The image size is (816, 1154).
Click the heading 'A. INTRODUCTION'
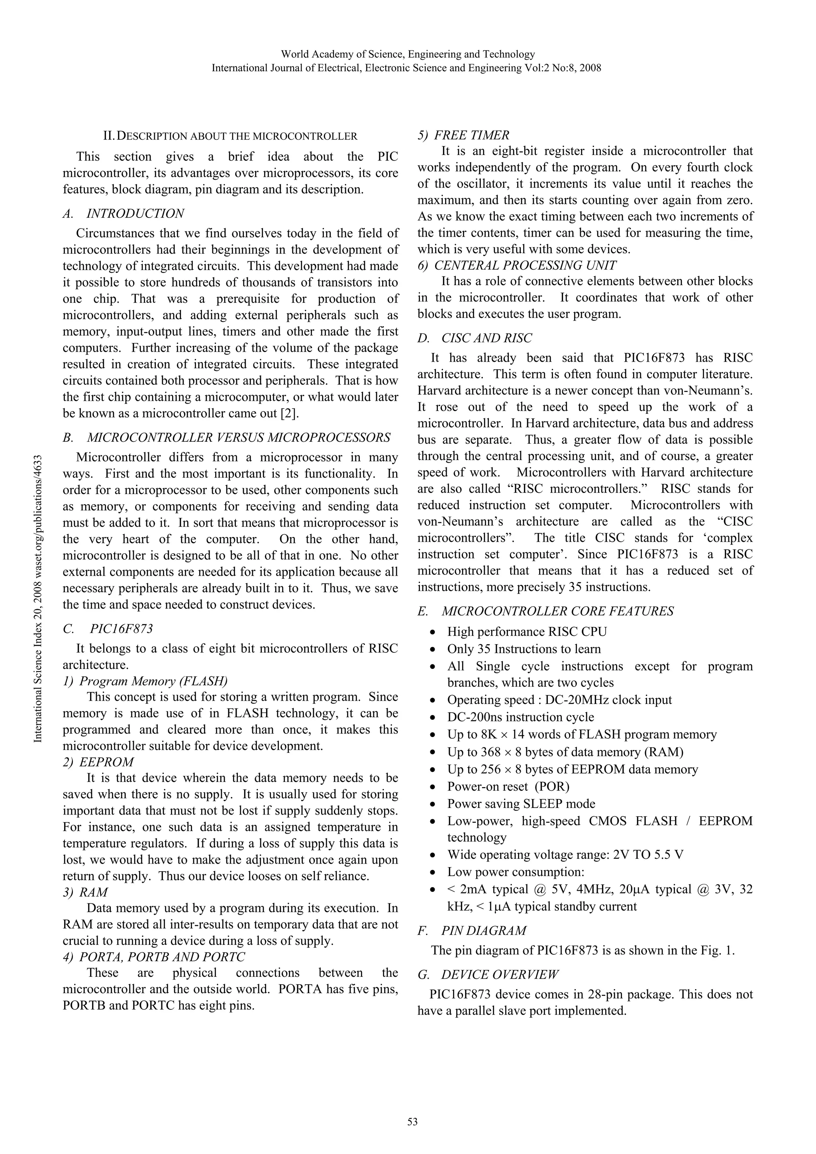(x=123, y=214)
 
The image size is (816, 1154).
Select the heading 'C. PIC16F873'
(x=108, y=629)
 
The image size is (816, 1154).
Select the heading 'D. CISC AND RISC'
(x=474, y=338)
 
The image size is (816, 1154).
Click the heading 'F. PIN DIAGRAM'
(x=472, y=931)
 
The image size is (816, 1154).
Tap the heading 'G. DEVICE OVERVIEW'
(x=487, y=975)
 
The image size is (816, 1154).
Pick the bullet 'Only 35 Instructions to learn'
(x=524, y=649)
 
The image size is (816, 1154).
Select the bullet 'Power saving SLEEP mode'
(x=521, y=804)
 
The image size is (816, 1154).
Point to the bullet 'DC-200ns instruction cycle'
(x=520, y=717)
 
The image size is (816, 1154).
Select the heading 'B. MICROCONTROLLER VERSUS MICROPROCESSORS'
(x=226, y=438)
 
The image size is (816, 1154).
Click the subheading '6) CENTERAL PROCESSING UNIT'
(x=517, y=265)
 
